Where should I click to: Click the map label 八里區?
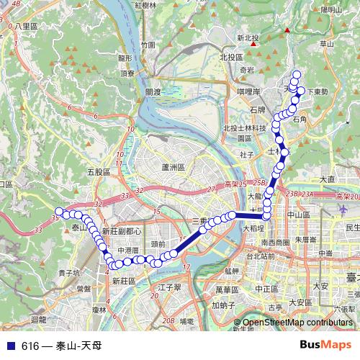26,26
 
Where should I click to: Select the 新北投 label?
247,38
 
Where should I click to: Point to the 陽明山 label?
332,9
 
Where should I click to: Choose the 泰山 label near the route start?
79,228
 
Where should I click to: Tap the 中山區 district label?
298,215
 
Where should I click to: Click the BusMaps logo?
326,345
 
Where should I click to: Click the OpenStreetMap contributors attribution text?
296,323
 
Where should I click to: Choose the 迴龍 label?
39,318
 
